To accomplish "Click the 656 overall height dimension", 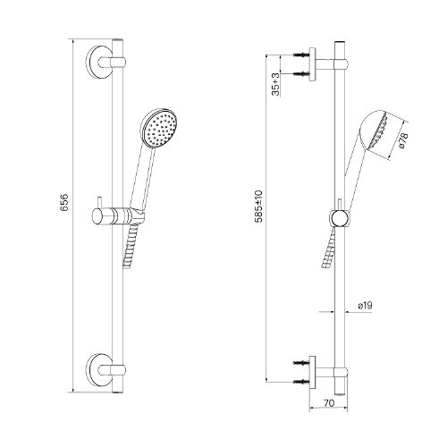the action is point(64,203).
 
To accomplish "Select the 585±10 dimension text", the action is point(258,207).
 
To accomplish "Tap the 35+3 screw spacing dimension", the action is point(276,84).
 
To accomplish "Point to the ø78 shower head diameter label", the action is point(403,140).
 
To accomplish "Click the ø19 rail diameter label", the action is point(365,305).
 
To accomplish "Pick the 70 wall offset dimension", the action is point(329,403).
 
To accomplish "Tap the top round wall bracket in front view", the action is point(99,62).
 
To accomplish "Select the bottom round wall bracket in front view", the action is point(99,370).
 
